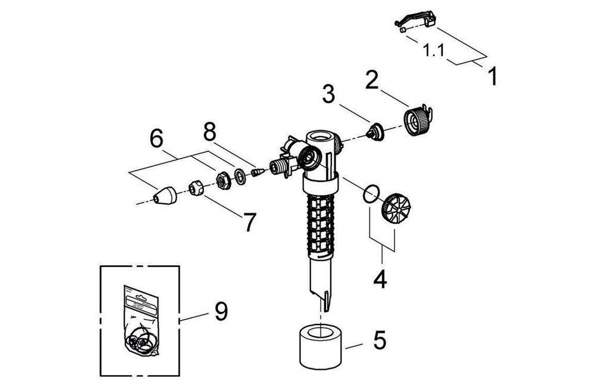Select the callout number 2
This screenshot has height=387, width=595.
[372, 80]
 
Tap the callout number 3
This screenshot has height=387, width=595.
[329, 94]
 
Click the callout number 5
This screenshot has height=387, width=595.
[379, 341]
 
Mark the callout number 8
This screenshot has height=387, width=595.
[209, 133]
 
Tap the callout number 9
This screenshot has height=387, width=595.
[221, 312]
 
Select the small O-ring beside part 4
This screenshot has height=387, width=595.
[371, 194]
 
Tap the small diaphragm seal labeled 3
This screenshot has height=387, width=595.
[374, 130]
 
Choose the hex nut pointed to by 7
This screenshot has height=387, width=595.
[196, 189]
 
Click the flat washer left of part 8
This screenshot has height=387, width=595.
[239, 177]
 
